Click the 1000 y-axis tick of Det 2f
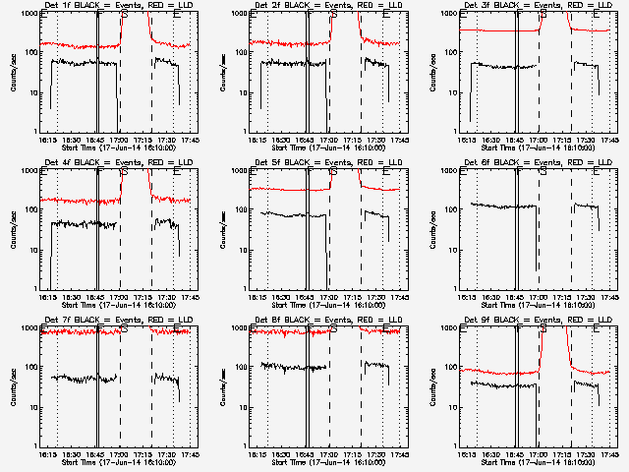tap(240, 15)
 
